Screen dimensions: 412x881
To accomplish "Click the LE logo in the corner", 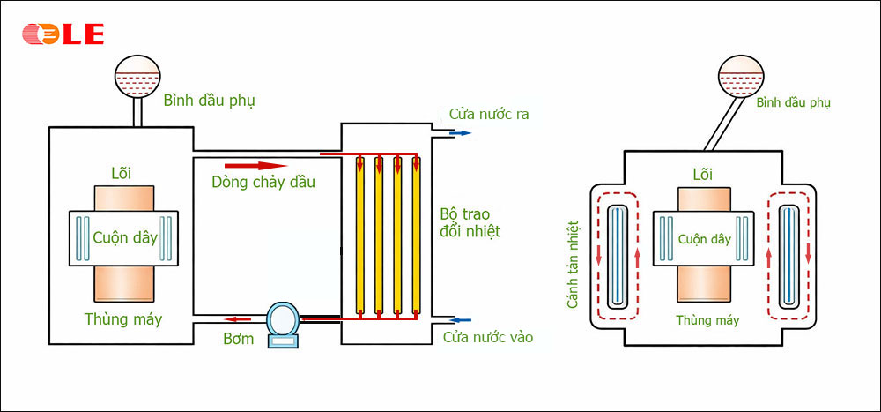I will point(63,34).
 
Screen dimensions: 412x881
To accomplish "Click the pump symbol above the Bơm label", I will point(284,322).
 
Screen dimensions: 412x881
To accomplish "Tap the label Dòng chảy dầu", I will point(263,183).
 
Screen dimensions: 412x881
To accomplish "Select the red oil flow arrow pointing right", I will point(256,165).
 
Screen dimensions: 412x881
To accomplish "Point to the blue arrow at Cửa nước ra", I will point(460,133).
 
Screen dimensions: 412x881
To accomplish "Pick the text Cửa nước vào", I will point(488,337).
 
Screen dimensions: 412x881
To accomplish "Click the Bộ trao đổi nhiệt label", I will point(470,222).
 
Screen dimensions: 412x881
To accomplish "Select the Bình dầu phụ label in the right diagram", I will point(793,103).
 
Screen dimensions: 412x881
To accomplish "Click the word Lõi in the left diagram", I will point(122,170).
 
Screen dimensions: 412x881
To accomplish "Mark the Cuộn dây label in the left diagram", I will point(123,237).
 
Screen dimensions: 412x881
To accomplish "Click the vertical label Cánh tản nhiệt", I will point(573,266).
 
